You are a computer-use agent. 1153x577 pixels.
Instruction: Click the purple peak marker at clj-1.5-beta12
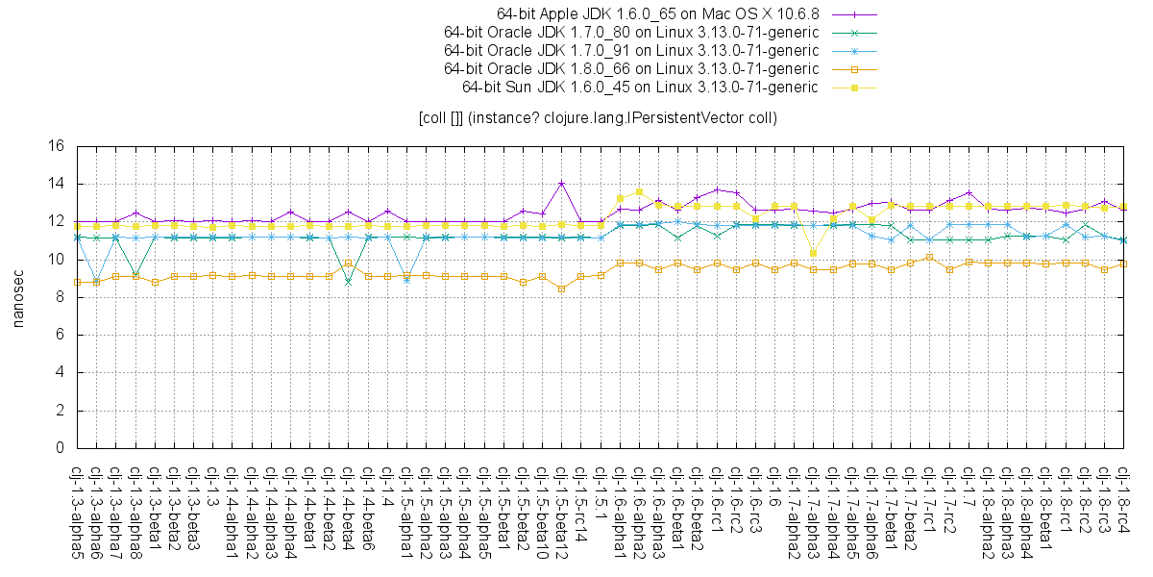pos(561,184)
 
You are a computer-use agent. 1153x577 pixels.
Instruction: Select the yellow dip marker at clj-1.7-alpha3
pos(813,253)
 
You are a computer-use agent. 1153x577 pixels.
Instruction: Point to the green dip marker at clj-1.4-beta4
pos(348,281)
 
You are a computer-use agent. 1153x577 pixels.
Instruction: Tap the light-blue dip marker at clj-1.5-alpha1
pos(406,280)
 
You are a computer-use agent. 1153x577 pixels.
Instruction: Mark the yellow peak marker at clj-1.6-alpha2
pos(639,192)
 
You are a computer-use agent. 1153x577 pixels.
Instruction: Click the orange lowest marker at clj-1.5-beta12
pos(561,288)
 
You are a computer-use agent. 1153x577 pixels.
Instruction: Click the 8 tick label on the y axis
pos(59,297)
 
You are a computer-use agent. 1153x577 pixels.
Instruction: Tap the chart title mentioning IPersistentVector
pos(597,118)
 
